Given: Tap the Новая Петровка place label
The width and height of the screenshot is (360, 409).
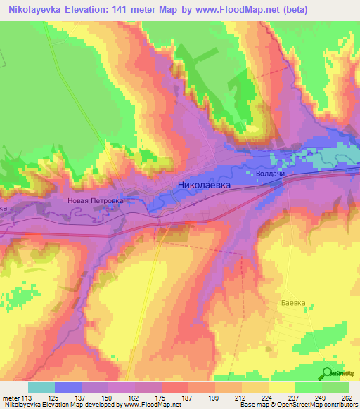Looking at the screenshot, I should (95, 200).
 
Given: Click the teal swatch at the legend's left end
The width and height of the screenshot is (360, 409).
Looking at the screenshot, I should (41, 387).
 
